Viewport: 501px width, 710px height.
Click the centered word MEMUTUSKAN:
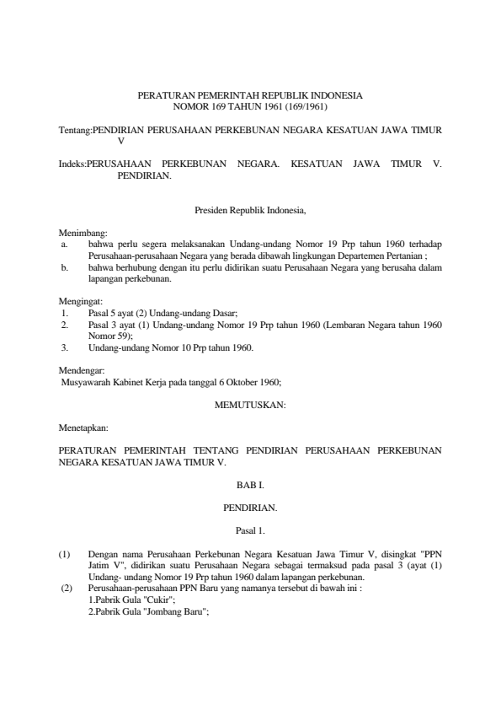pyautogui.click(x=250, y=405)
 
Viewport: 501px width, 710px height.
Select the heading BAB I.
pyautogui.click(x=250, y=486)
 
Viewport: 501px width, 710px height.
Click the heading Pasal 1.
pyautogui.click(x=250, y=531)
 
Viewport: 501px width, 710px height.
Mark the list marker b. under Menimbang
pyautogui.click(x=63, y=266)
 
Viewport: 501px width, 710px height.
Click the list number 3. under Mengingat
pyautogui.click(x=64, y=347)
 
